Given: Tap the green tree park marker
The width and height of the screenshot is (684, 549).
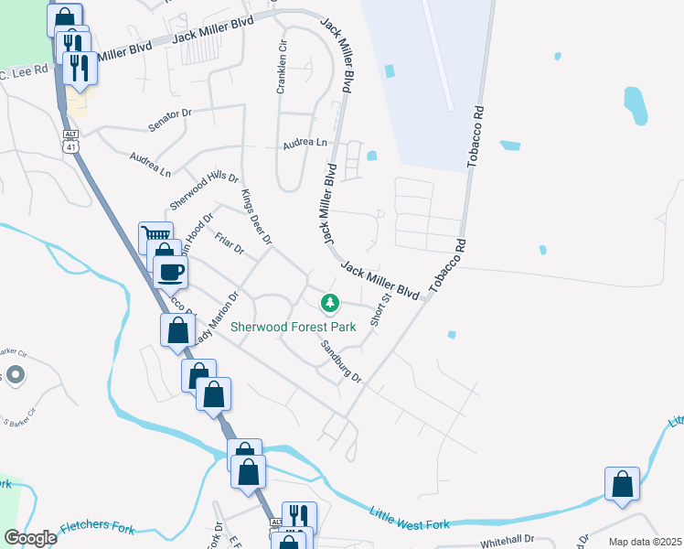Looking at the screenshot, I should (329, 302).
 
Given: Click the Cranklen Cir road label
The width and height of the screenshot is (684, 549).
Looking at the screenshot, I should (283, 68).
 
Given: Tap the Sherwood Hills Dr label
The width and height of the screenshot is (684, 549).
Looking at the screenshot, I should (203, 190).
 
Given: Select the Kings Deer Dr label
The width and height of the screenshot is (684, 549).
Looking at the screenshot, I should (257, 217).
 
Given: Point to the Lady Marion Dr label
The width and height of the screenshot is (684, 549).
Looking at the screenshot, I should (216, 317).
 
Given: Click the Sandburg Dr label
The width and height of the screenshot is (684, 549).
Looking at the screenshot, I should (341, 361).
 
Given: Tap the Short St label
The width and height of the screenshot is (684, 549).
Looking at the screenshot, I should (380, 308).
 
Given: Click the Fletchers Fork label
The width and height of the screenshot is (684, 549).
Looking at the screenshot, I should (97, 527).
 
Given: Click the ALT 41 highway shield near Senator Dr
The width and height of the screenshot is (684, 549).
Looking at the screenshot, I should (70, 140).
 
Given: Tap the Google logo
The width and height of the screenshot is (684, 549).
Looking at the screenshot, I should (31, 537).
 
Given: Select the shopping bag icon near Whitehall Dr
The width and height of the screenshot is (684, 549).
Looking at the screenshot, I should (622, 483).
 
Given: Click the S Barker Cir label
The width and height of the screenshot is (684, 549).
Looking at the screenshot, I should (20, 413).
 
